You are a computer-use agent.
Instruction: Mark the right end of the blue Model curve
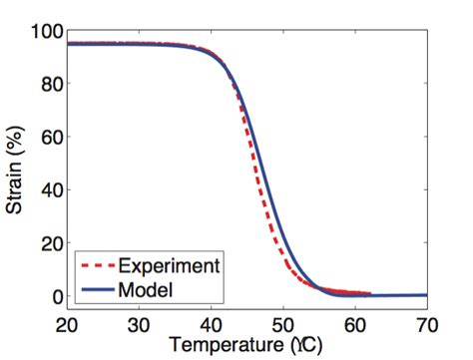click(x=426, y=295)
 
